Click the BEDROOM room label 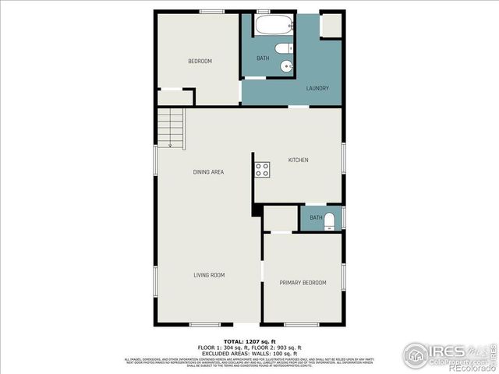(200, 61)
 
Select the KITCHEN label (299, 160)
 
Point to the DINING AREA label (209, 171)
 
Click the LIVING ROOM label (209, 275)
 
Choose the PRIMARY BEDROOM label (303, 282)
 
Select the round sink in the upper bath (287, 67)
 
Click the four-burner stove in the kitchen (261, 171)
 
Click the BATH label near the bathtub (263, 58)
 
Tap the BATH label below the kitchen (315, 217)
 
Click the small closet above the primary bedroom (278, 218)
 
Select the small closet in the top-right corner (331, 24)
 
